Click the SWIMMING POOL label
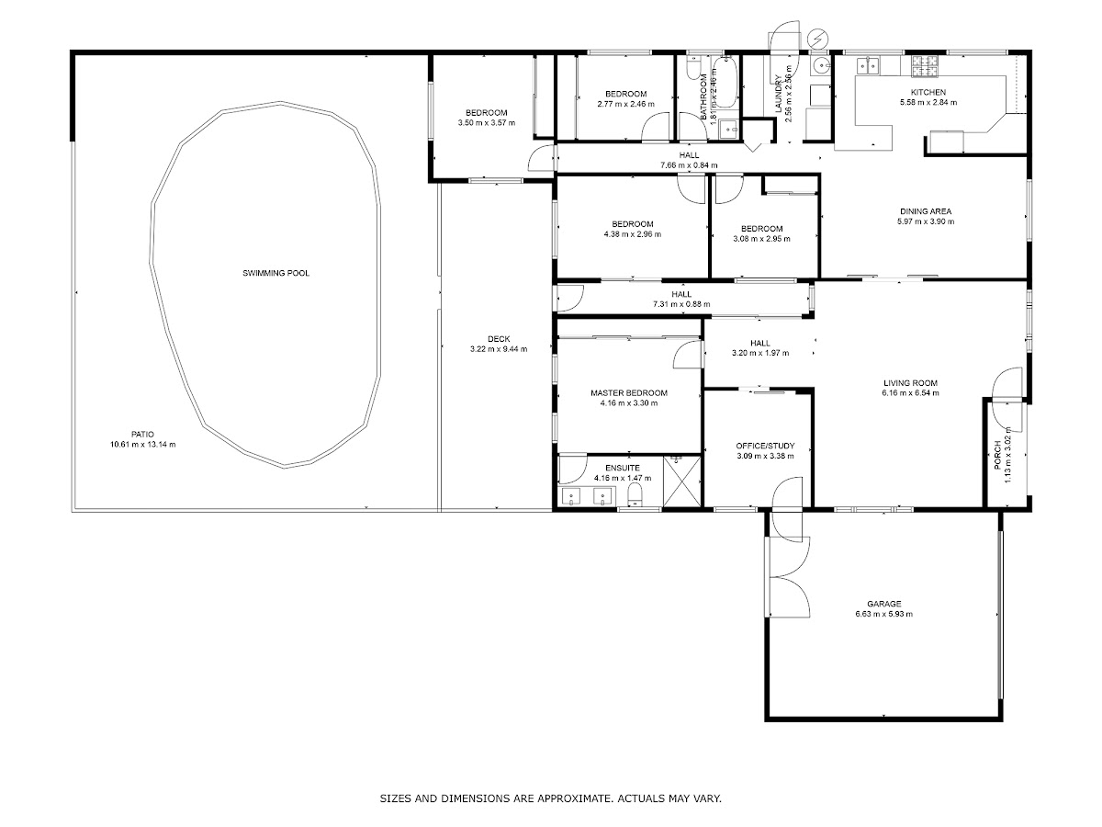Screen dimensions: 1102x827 pos(275,273)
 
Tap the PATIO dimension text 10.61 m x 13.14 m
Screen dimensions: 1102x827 pos(142,445)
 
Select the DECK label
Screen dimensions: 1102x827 pos(499,339)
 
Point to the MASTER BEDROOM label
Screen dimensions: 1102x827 pos(628,393)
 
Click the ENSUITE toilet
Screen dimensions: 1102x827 pos(635,495)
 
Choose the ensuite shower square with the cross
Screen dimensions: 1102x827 pos(681,481)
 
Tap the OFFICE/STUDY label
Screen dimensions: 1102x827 pos(765,446)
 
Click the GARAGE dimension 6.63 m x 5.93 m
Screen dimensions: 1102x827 pos(883,614)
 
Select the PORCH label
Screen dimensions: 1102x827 pos(997,455)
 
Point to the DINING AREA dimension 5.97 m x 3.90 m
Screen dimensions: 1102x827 pos(926,221)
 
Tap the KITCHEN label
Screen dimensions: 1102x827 pos(928,93)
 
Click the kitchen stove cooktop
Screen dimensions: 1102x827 pos(925,66)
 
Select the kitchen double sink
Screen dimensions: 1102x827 pos(868,65)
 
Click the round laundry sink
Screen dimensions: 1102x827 pos(820,66)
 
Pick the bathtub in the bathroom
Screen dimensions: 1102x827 pos(725,83)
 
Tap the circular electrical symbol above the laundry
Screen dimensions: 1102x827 pos(817,38)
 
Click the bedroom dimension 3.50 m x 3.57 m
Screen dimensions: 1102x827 pos(487,122)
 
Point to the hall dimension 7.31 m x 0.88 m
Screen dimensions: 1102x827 pos(681,304)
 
